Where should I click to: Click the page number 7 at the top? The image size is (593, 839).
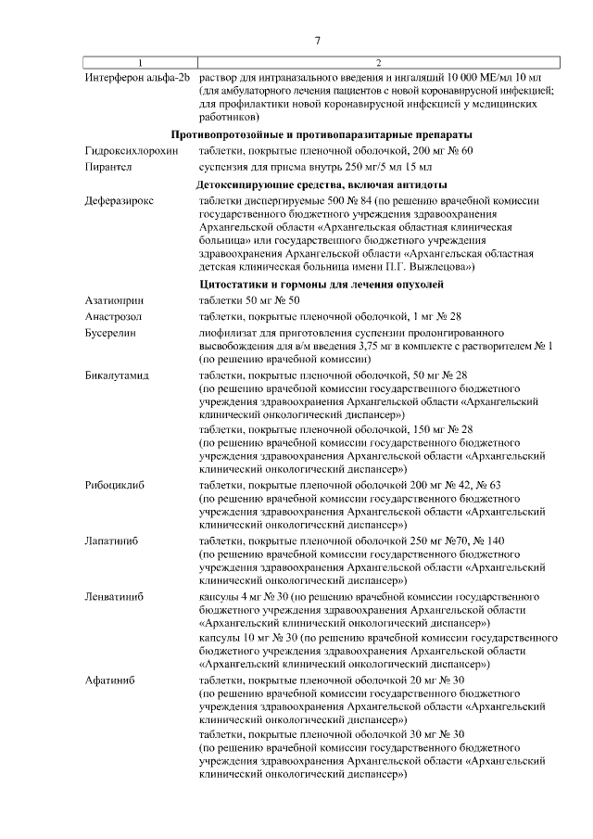(318, 41)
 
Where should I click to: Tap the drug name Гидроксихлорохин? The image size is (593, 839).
(130, 151)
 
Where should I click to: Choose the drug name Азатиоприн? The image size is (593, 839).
(112, 300)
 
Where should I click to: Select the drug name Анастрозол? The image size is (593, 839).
(113, 316)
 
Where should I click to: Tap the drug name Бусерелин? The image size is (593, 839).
(110, 332)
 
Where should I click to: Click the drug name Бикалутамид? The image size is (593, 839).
(117, 375)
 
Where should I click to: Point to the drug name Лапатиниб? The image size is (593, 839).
(111, 540)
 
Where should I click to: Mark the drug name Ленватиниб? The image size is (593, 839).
(113, 596)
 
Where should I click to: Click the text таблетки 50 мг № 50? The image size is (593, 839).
(250, 300)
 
